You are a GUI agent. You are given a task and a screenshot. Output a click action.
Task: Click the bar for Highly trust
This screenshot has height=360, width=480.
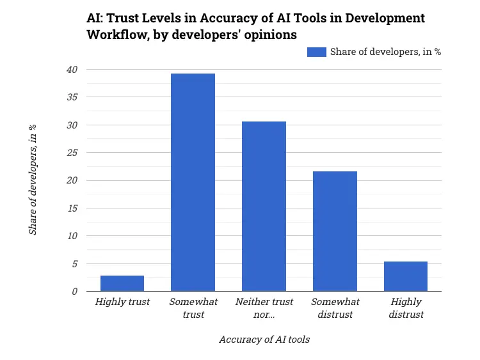coord(122,283)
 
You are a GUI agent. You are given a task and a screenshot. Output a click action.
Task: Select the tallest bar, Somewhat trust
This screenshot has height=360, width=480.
coord(193,182)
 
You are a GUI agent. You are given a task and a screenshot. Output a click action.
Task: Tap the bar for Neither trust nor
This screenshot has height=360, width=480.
coord(264,206)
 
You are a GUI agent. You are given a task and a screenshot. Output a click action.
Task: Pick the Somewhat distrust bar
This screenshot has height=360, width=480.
coord(335,231)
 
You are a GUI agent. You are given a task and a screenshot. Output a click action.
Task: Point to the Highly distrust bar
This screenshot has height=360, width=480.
coord(406,276)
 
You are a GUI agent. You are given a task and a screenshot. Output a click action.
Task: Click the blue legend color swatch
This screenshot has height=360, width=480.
coord(317,52)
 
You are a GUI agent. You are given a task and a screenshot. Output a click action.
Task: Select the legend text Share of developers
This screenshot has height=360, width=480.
coord(385,52)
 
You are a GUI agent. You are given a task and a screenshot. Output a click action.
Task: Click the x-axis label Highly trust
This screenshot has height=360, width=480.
coord(122,302)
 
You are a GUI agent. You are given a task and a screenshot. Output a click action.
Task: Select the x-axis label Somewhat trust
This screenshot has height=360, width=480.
coord(193,308)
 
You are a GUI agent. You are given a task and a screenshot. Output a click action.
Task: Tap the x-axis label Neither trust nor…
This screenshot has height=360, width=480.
coord(264,308)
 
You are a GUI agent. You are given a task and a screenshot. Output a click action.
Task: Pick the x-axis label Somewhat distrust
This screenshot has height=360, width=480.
coord(335,308)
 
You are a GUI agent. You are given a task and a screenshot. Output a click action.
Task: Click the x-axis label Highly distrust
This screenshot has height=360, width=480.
coord(406,308)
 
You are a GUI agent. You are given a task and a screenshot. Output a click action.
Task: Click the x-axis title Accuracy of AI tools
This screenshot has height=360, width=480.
coord(264,340)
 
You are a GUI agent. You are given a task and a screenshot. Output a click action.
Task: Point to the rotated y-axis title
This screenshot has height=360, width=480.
coord(33,180)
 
